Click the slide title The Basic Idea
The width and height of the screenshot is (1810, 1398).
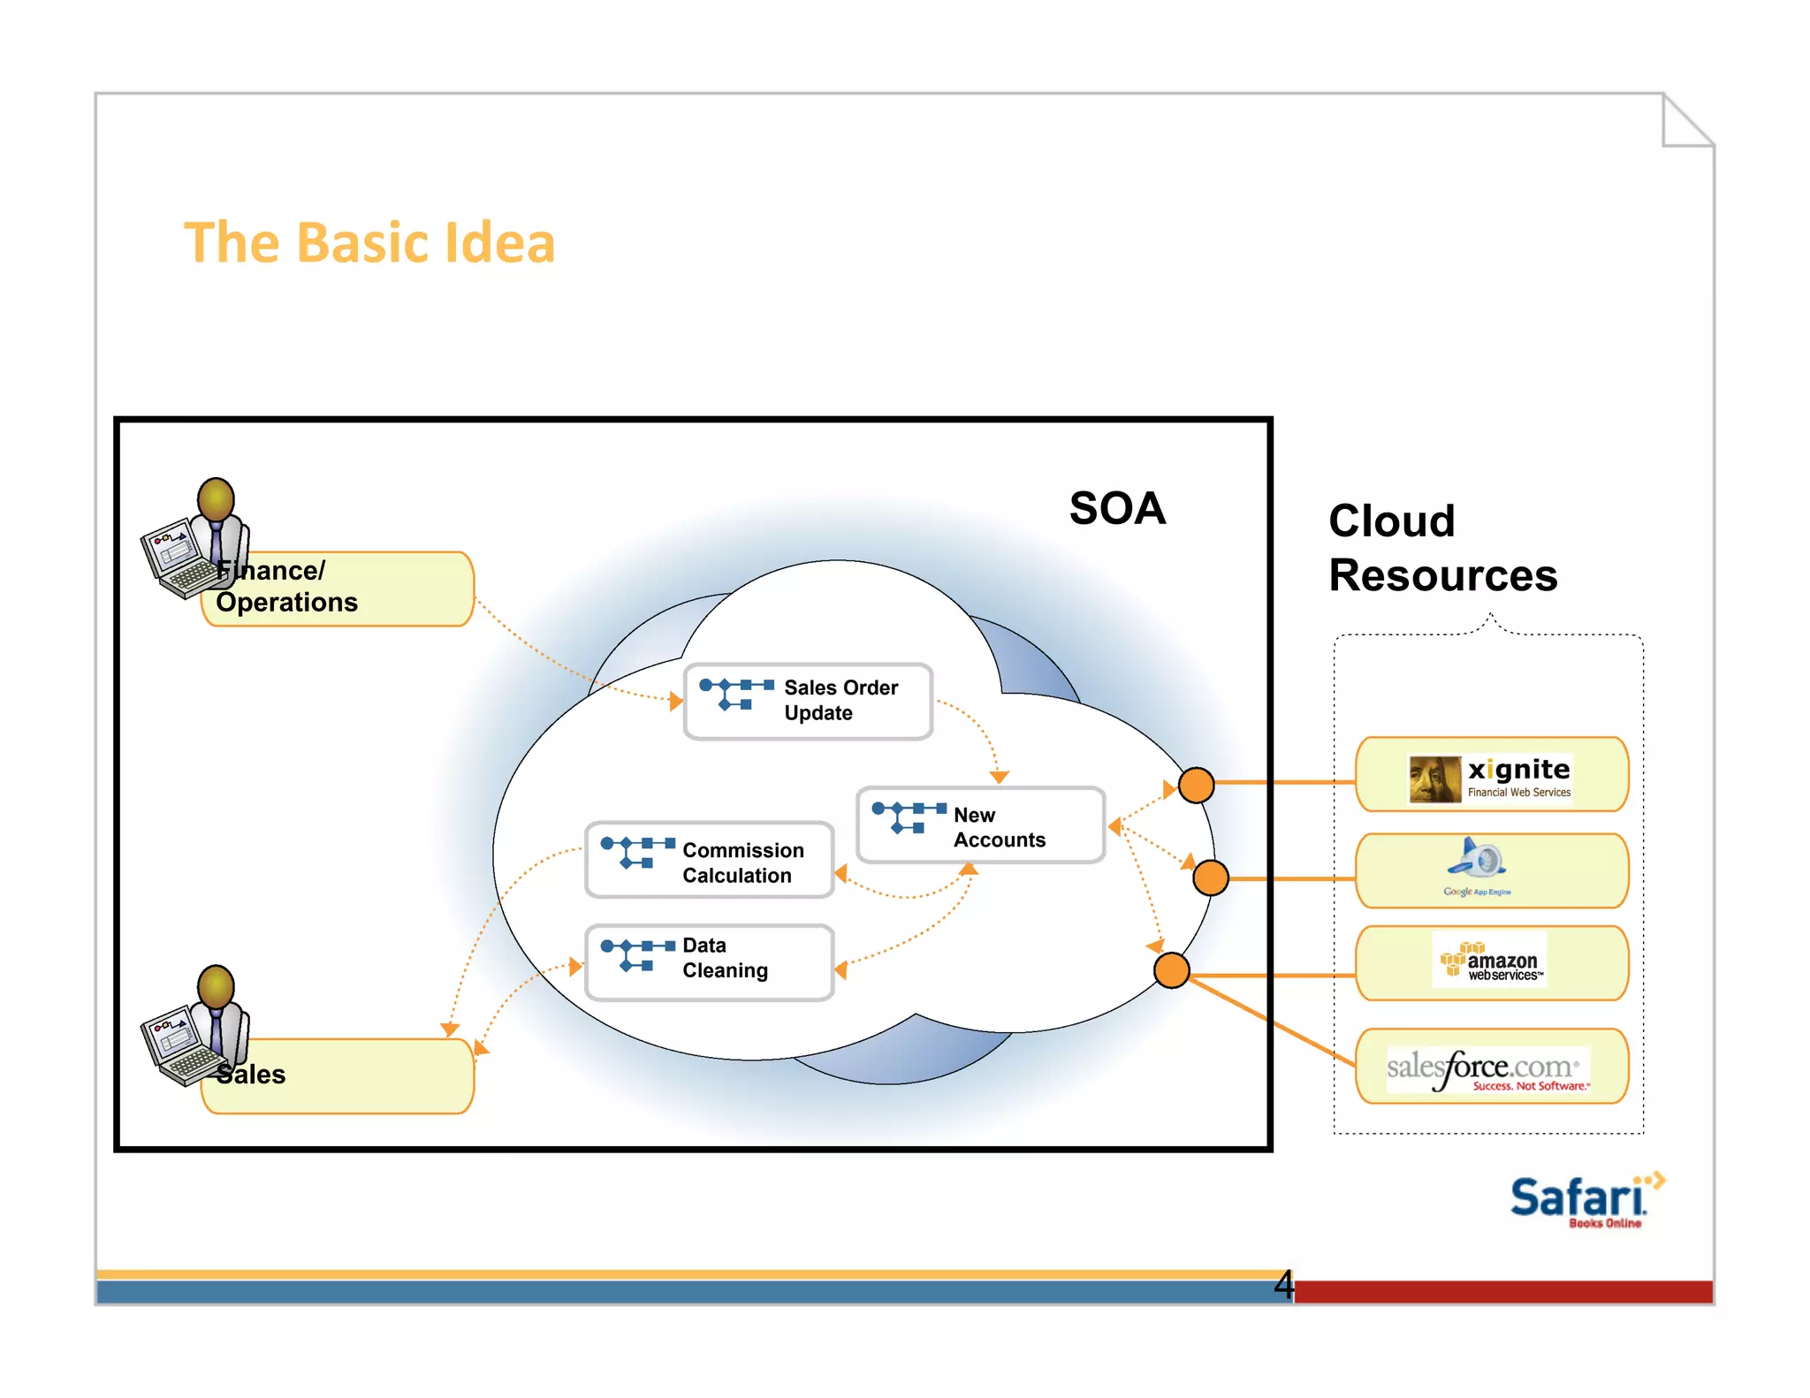click(369, 243)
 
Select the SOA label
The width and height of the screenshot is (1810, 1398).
click(1117, 509)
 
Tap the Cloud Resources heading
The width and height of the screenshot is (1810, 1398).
click(1441, 548)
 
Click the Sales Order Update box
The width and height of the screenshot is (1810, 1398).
click(808, 701)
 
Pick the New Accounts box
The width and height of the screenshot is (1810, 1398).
click(980, 825)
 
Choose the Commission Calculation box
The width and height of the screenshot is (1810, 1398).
click(709, 861)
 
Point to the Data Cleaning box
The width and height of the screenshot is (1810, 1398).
click(709, 962)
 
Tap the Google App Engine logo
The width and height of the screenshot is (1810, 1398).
click(1478, 867)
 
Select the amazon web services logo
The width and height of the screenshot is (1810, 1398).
click(1490, 961)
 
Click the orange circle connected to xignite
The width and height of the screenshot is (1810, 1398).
click(1196, 785)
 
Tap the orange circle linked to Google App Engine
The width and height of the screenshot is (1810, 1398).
click(1210, 878)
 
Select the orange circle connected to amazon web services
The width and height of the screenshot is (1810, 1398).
click(1171, 970)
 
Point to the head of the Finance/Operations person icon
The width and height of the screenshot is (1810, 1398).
click(216, 498)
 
